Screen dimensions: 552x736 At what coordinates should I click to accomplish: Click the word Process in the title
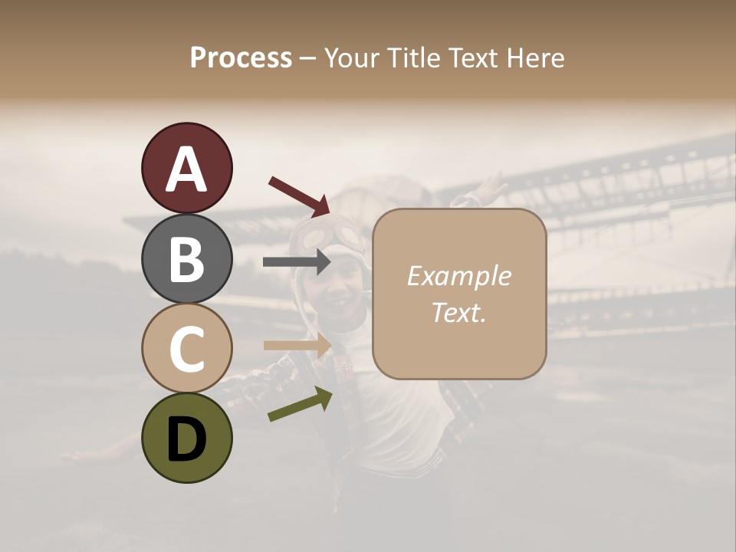pos(241,58)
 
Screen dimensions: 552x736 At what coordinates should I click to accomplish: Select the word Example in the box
pos(458,277)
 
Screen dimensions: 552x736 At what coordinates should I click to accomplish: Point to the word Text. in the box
pos(458,313)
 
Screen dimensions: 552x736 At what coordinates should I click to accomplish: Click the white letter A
pos(186,169)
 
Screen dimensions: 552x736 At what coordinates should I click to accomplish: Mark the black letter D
pos(186,439)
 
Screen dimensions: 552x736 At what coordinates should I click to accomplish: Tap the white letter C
pos(186,350)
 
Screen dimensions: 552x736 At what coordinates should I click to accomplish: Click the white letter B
pos(186,260)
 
